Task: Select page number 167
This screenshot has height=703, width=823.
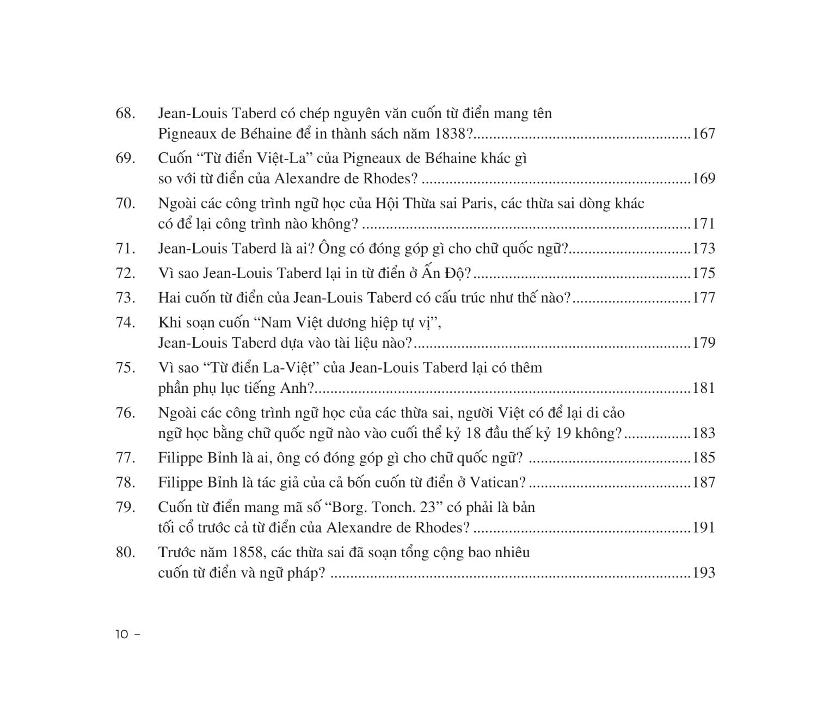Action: pos(703,134)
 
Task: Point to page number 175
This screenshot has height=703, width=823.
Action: pos(703,273)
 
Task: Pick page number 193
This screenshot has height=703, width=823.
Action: pos(703,573)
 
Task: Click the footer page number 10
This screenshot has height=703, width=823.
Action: pos(121,634)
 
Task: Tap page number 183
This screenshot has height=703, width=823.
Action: pos(703,434)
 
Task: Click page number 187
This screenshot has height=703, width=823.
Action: pos(703,483)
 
